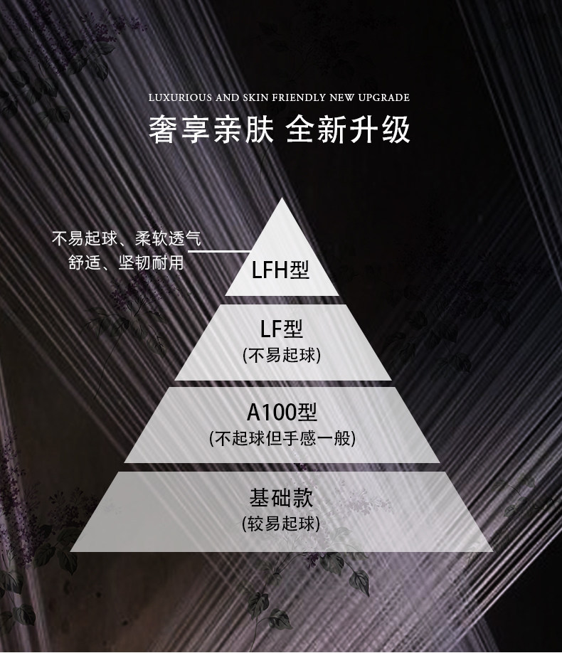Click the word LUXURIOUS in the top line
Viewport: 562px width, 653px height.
click(176, 97)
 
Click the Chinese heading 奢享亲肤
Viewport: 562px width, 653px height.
click(211, 130)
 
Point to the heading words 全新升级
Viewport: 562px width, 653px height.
click(349, 130)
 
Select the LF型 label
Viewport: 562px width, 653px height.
click(282, 329)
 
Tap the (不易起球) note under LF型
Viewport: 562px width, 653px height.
click(282, 355)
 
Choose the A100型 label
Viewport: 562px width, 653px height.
click(282, 412)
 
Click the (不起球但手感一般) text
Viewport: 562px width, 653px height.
click(282, 438)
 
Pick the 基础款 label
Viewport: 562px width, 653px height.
click(282, 496)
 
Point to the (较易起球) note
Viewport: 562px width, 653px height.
click(282, 524)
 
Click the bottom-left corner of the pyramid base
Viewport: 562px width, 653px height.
click(72, 550)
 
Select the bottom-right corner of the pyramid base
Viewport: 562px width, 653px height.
click(492, 550)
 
